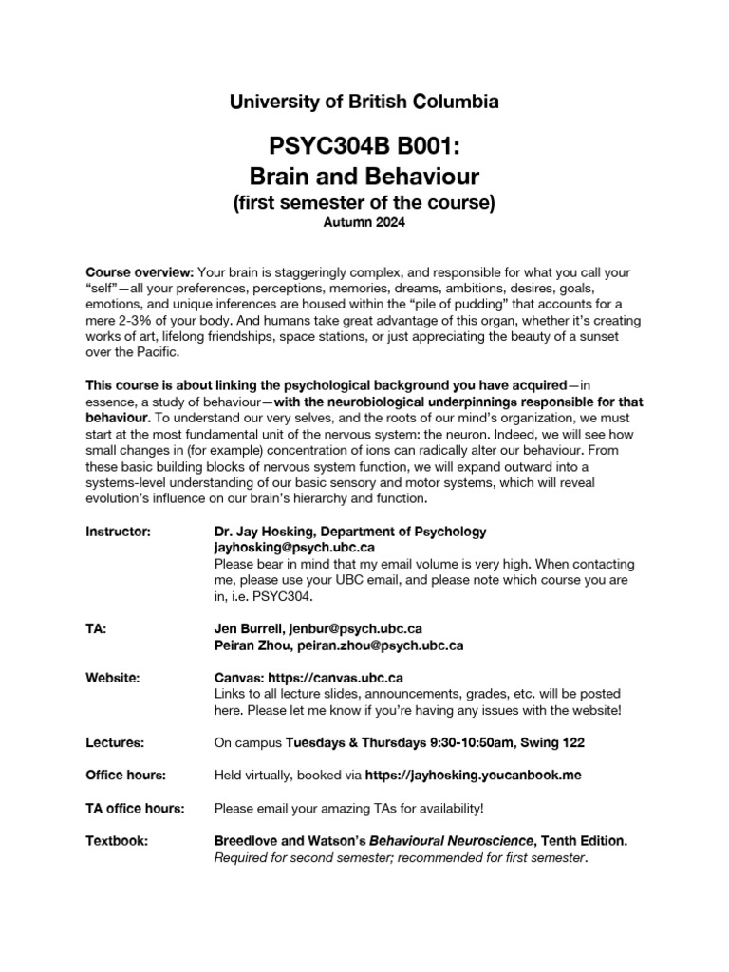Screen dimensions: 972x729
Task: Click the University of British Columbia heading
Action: (364, 102)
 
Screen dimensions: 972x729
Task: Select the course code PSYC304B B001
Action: (364, 148)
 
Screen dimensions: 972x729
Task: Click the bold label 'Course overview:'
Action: (139, 272)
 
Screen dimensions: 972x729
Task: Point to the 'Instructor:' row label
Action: (118, 532)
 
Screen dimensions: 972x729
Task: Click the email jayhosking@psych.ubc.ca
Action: (294, 548)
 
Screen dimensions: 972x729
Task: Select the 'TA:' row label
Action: (96, 628)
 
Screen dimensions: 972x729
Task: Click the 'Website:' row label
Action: (113, 678)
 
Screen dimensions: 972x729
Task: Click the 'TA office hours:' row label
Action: (135, 808)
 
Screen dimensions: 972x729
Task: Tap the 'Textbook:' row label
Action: (117, 841)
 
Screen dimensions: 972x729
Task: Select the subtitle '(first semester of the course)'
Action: (364, 202)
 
